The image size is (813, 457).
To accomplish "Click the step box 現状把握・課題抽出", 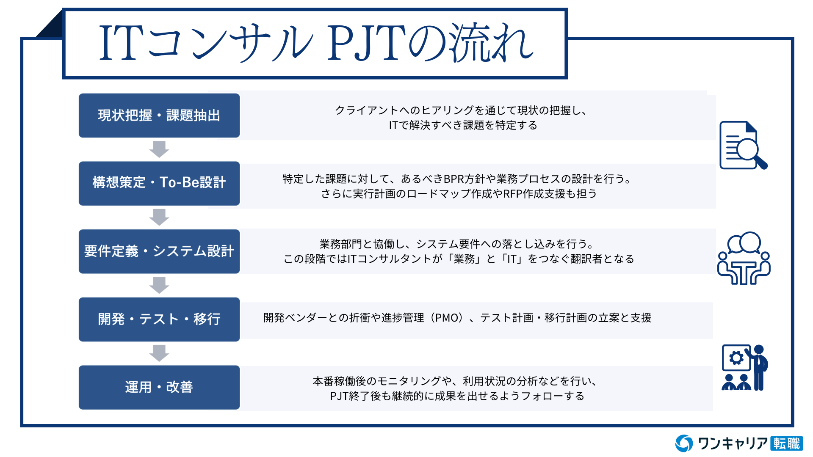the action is (x=159, y=116).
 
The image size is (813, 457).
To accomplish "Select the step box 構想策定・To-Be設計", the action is (x=159, y=183).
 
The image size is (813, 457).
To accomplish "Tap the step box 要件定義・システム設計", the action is (x=159, y=251).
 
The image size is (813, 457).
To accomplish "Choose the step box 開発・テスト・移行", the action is (x=159, y=319).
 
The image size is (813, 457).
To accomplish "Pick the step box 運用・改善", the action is (x=159, y=387).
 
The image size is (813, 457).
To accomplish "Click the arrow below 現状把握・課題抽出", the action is (x=159, y=149).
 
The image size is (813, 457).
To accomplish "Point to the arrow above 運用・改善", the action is (x=159, y=353).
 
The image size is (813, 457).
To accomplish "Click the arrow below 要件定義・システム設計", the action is (x=159, y=285).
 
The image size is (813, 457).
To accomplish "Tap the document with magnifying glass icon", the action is (x=744, y=146).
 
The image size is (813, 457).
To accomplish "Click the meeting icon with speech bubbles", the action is (x=744, y=258).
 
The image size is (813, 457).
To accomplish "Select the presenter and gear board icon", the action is (x=745, y=367).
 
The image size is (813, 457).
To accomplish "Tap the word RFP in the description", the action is (x=513, y=194).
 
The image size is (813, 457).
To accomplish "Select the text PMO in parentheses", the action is (x=447, y=318).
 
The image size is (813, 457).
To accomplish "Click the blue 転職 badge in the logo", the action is (x=786, y=443).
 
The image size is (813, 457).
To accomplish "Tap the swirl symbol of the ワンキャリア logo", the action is (x=684, y=443).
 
